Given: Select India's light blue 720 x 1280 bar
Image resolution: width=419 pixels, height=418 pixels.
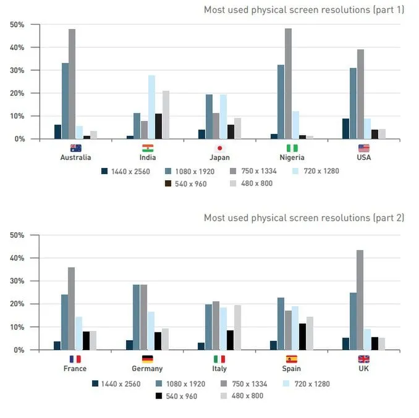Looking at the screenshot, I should [x=151, y=107].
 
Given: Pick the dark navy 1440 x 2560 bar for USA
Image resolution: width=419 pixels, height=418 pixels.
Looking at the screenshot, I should [x=345, y=129].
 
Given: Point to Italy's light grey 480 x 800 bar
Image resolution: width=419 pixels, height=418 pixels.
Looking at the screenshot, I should [x=237, y=327].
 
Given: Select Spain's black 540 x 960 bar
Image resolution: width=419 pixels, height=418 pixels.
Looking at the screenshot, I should [x=302, y=336].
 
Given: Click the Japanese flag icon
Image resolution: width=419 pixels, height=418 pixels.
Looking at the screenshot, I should [x=219, y=148].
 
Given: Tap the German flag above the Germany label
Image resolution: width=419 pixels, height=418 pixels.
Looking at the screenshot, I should [x=147, y=359].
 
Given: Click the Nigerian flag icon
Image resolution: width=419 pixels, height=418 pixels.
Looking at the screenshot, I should [x=291, y=148].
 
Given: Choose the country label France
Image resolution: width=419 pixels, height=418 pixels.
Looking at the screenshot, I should [x=75, y=369].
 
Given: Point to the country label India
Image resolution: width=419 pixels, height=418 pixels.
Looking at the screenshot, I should [x=148, y=157].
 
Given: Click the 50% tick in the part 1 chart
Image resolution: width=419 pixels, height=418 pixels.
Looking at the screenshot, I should [x=17, y=25].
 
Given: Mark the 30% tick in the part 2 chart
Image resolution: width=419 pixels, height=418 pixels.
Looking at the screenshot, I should [x=17, y=281].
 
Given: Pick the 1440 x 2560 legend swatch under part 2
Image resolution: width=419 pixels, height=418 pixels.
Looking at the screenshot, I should [x=96, y=383].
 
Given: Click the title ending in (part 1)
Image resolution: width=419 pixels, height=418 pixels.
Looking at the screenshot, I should [x=304, y=10].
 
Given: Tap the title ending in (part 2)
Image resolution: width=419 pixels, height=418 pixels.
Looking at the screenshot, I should [x=304, y=217].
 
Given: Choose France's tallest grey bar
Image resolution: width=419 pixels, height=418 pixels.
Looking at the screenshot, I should [x=72, y=308].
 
